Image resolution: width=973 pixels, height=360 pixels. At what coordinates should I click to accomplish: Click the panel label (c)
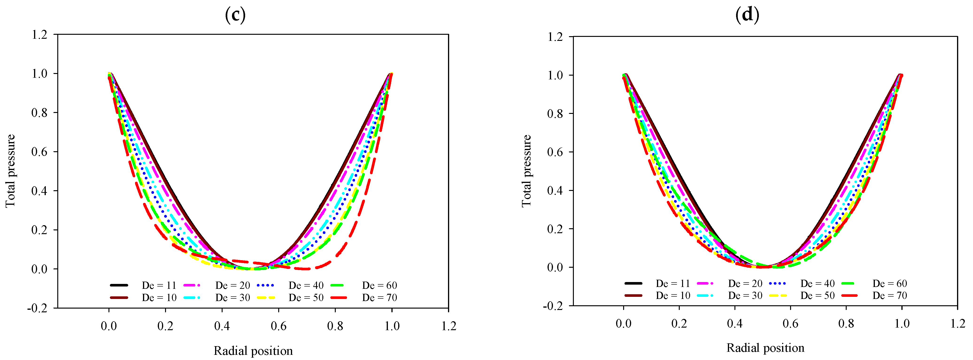235,15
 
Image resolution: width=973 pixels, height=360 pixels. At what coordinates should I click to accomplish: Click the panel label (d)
747,15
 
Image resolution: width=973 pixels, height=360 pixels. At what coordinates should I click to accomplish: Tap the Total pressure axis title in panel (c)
10,171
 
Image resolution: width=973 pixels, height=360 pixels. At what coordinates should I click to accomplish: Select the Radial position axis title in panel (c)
253,351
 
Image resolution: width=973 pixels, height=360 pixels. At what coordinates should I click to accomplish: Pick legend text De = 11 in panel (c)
159,285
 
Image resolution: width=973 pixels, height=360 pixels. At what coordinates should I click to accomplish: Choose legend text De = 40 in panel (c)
306,285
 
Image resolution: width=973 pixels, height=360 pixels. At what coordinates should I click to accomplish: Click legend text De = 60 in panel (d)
889,283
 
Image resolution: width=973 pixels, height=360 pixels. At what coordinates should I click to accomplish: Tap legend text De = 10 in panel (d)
673,295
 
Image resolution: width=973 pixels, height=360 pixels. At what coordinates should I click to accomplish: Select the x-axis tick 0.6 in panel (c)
278,326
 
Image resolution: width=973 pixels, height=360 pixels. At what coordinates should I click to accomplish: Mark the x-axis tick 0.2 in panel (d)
679,323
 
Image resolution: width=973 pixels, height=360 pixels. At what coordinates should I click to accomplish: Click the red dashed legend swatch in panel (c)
338,298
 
